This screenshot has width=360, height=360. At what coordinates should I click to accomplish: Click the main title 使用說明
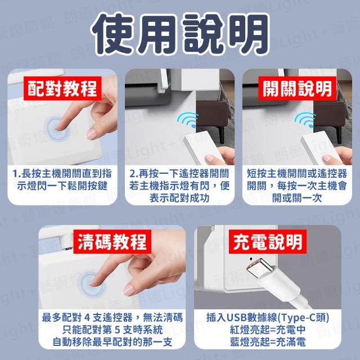[180, 34]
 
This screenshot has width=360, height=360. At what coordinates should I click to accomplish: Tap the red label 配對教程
[62, 88]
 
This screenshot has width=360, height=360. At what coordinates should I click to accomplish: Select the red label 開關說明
[298, 89]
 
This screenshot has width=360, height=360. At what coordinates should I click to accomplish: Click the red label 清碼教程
[112, 241]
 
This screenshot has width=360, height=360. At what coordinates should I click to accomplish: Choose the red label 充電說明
[268, 241]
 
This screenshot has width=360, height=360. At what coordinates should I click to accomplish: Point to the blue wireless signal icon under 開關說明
[305, 120]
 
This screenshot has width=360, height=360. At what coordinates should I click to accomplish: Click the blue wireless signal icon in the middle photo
[188, 120]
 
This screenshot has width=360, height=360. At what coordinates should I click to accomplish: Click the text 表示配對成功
[179, 198]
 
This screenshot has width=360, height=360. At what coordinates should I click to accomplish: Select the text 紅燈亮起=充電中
[268, 330]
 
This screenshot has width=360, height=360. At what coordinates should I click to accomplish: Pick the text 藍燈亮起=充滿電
[268, 342]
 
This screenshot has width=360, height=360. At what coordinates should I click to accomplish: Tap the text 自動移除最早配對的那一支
[112, 342]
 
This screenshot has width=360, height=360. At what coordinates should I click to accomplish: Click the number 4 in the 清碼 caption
[87, 318]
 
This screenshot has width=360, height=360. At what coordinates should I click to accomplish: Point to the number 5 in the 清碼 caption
[117, 330]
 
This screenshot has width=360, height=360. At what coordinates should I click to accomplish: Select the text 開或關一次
[297, 198]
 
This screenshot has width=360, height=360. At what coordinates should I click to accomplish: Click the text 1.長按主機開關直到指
[62, 174]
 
